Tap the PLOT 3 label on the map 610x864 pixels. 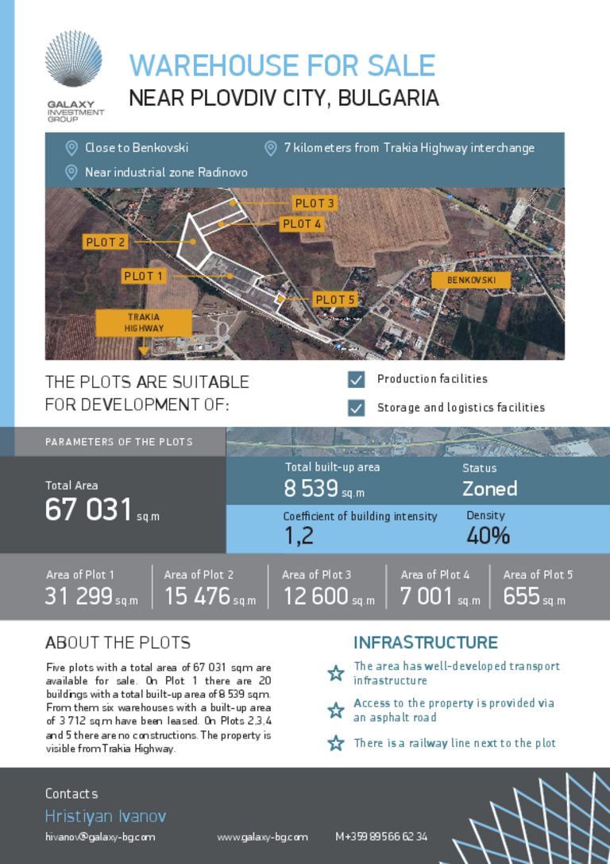point(315,203)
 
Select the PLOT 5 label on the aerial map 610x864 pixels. point(334,300)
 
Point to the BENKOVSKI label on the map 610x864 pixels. point(471,281)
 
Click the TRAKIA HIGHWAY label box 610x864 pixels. point(144,322)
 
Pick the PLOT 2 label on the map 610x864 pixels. point(106,242)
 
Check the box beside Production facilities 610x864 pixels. point(357,380)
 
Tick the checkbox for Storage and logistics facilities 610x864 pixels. point(357,408)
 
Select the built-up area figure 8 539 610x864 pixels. point(311,488)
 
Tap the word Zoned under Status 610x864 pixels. point(489,488)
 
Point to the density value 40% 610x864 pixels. point(488,536)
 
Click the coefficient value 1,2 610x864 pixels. point(299,536)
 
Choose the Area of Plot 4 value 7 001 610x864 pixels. point(426,595)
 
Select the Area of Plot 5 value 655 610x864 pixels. point(521,595)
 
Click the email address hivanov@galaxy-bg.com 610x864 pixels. point(100,837)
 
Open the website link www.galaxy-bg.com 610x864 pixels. point(262,837)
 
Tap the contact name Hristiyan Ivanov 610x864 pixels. point(106,816)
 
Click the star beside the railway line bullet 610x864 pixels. point(336,743)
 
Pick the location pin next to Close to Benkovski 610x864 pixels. point(71,148)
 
